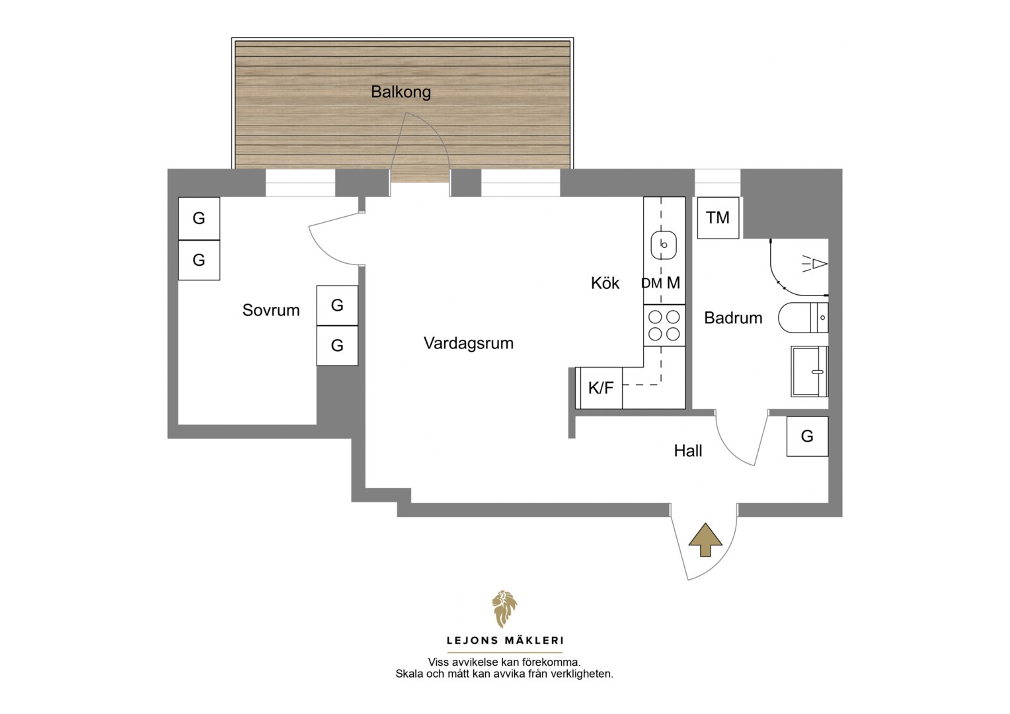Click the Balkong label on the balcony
pyautogui.click(x=401, y=93)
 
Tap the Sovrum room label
pyautogui.click(x=271, y=310)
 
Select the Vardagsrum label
pyautogui.click(x=469, y=344)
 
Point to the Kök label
pyautogui.click(x=605, y=283)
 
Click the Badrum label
pyautogui.click(x=733, y=318)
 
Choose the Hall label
pyautogui.click(x=688, y=451)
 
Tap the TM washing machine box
pyautogui.click(x=718, y=218)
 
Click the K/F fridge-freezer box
pyautogui.click(x=601, y=388)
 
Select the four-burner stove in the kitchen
pyautogui.click(x=664, y=325)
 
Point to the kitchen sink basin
pyautogui.click(x=664, y=245)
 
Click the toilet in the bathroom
pyautogui.click(x=803, y=317)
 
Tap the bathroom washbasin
pyautogui.click(x=809, y=372)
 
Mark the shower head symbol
pyautogui.click(x=815, y=264)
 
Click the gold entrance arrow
pyautogui.click(x=705, y=540)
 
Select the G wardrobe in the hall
pyautogui.click(x=807, y=436)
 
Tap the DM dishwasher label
pyautogui.click(x=652, y=284)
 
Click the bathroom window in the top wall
pyautogui.click(x=717, y=182)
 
